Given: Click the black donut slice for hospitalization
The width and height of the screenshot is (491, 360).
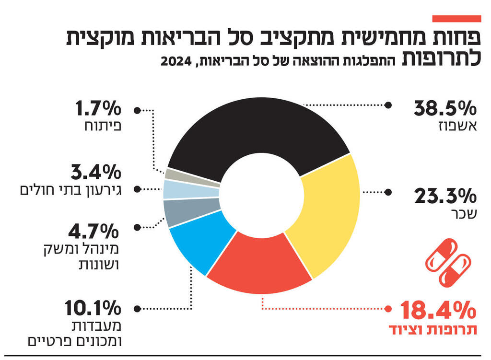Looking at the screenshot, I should (259, 129).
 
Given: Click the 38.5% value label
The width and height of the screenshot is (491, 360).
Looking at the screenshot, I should (445, 109).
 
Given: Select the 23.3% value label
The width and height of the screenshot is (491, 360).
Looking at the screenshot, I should (445, 197).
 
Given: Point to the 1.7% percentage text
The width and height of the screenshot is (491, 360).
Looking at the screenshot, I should (96, 109).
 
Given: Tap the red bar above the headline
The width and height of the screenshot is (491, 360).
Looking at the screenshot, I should (456, 19).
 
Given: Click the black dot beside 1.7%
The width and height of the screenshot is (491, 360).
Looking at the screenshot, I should (138, 110).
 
